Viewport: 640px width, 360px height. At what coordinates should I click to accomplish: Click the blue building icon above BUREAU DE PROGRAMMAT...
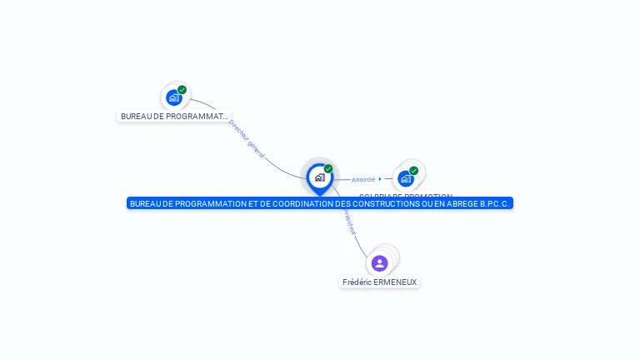173,97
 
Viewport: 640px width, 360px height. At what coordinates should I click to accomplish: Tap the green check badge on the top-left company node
182,90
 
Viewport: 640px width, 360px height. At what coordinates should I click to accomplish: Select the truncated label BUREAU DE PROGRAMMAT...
174,117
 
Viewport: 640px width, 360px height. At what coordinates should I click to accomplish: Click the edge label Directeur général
247,139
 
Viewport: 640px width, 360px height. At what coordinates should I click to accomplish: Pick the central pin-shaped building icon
319,177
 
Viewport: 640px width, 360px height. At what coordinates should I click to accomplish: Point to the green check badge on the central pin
328,169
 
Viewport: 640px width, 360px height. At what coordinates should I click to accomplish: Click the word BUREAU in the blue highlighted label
146,203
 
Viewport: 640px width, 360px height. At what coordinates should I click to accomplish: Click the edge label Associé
363,179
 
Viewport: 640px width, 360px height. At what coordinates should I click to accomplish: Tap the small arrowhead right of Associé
380,178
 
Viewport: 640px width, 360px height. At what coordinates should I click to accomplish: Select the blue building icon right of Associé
405,178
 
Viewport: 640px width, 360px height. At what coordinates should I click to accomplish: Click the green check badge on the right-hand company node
414,171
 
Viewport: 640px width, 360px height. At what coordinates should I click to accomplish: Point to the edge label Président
347,221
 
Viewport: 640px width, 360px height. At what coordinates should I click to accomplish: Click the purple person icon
379,263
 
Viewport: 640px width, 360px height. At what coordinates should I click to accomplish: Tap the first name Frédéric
358,282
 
